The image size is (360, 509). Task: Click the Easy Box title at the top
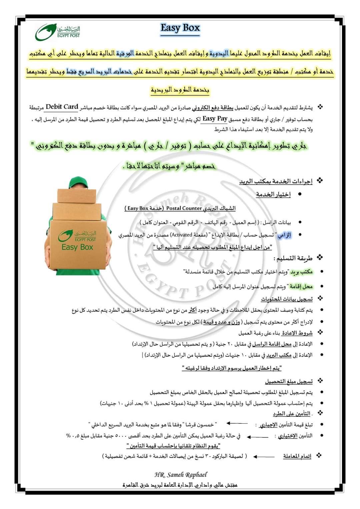tap(180, 28)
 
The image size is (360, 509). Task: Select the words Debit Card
tap(62, 107)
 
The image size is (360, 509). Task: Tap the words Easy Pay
tap(215, 118)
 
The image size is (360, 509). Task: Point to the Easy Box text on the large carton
tap(77, 247)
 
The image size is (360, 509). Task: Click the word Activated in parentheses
tap(182, 235)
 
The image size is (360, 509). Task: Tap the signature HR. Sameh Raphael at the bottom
tap(181, 475)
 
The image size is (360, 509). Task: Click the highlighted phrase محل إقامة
tap(301, 286)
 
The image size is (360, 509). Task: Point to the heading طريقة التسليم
tap(293, 258)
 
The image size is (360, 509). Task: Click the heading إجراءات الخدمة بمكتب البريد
tap(276, 182)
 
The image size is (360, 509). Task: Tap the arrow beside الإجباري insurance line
tap(237, 423)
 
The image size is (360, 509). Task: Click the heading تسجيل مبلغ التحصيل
tap(289, 381)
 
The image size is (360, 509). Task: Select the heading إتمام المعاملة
tap(297, 456)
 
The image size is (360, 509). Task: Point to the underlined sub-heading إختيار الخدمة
tap(273, 194)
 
